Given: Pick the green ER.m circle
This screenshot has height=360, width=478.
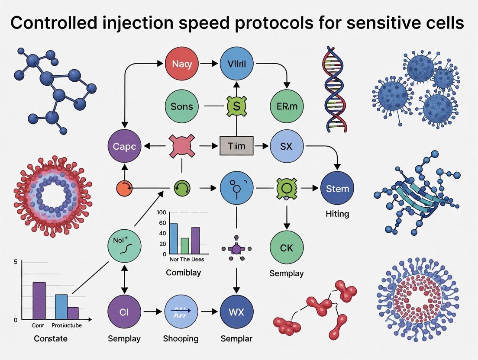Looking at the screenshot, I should point(287,106).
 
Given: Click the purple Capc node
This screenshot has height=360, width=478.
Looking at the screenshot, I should point(125,146).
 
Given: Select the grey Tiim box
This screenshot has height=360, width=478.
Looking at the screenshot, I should point(236,146).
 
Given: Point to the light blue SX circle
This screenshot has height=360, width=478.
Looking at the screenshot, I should point(287,146).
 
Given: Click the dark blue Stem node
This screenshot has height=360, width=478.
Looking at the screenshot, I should point(337,189).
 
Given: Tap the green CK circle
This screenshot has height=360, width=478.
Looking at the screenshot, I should point(287,248).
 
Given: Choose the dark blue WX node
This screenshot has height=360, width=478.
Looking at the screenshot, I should point(236,312).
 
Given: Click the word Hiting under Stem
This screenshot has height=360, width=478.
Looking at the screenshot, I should point(337,214).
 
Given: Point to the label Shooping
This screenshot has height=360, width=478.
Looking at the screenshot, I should point(181,338).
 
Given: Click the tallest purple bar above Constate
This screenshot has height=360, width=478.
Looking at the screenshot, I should point(39,300).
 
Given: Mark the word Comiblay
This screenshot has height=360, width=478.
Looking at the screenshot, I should point(183,273).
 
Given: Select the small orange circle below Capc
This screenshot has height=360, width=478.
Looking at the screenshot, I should point(123,189).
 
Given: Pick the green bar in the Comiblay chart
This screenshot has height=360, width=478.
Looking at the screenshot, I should point(184,245).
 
